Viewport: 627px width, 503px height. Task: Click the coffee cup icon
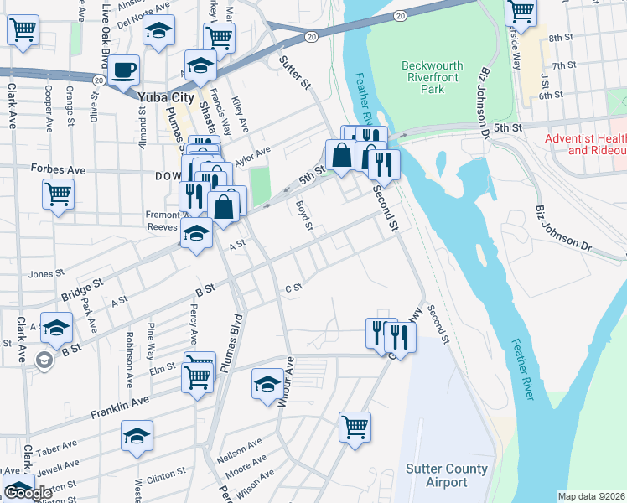[x=123, y=70]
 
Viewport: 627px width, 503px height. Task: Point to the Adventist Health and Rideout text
[x=585, y=144]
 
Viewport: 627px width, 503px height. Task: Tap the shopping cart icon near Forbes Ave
[x=58, y=194]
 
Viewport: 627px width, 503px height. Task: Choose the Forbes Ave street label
[x=58, y=169]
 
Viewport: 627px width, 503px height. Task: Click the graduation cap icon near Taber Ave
[x=137, y=435]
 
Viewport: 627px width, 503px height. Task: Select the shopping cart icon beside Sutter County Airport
[x=355, y=425]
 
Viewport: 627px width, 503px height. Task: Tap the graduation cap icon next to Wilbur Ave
[x=267, y=384]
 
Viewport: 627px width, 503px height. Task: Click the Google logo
[x=28, y=493]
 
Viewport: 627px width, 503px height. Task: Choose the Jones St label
[x=46, y=274]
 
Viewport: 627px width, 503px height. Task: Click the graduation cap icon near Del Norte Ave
[x=156, y=31]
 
